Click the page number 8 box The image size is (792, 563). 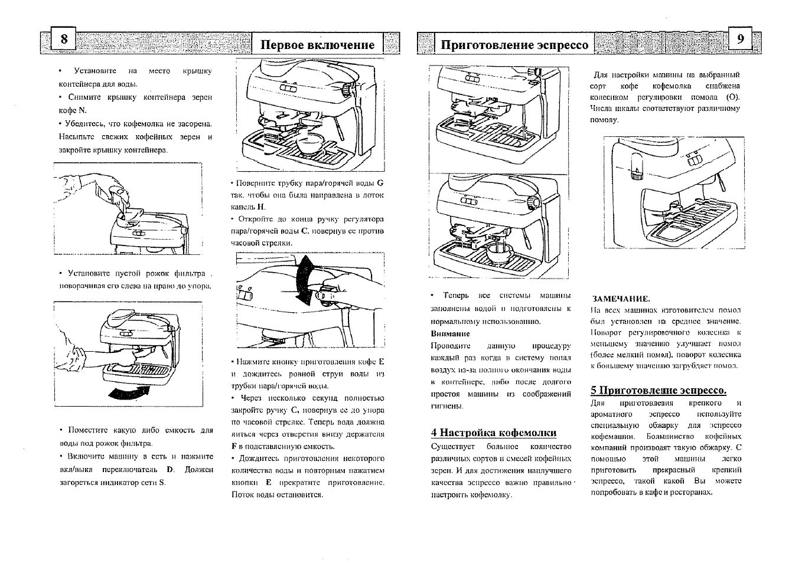click(64, 39)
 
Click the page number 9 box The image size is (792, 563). click(741, 39)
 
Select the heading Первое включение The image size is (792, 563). click(318, 45)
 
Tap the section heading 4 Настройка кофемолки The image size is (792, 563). click(494, 433)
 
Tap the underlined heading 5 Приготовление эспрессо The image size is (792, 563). click(659, 390)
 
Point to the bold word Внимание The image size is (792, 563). click(450, 333)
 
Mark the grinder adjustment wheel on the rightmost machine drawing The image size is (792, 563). click(635, 174)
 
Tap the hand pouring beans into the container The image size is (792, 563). click(118, 198)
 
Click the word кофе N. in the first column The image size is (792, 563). click(73, 110)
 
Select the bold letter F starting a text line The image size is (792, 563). click(234, 446)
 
